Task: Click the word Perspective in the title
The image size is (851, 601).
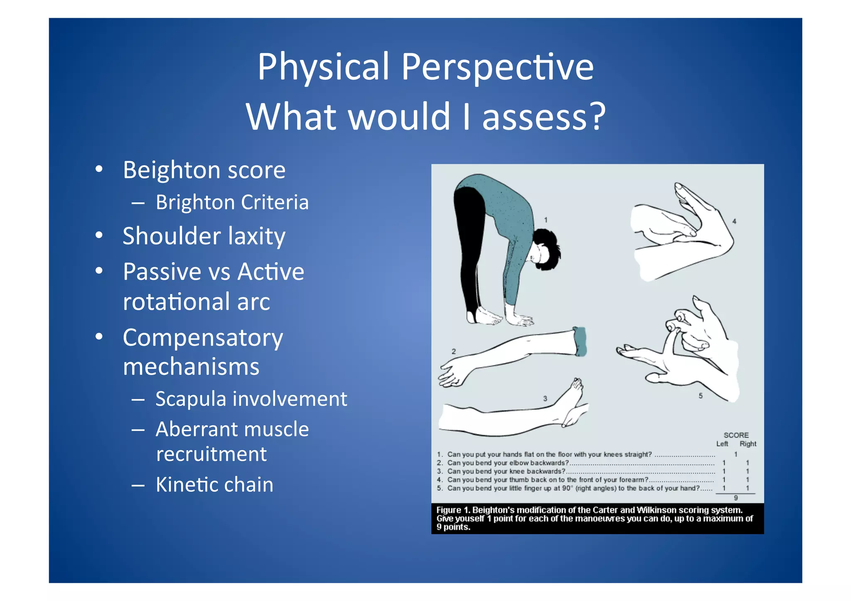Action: pos(497,67)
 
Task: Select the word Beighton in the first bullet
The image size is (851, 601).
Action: pos(169,170)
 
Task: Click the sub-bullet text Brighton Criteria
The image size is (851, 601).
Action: pos(232,203)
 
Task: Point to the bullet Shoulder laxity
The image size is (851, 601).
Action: pos(204,236)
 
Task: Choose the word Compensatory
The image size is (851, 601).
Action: pos(203,338)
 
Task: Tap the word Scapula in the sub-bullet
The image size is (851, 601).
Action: pos(191,399)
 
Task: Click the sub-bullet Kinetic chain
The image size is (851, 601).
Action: pos(214,485)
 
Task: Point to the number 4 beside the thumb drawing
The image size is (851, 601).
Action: pos(734,221)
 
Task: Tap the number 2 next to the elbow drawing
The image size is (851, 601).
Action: pos(454,351)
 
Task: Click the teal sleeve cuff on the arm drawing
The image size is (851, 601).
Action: pos(580,341)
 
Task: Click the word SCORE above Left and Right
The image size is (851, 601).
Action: pos(736,435)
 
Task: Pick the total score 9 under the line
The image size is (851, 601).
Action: pos(735,498)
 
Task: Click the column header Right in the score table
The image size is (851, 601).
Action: pos(748,444)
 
